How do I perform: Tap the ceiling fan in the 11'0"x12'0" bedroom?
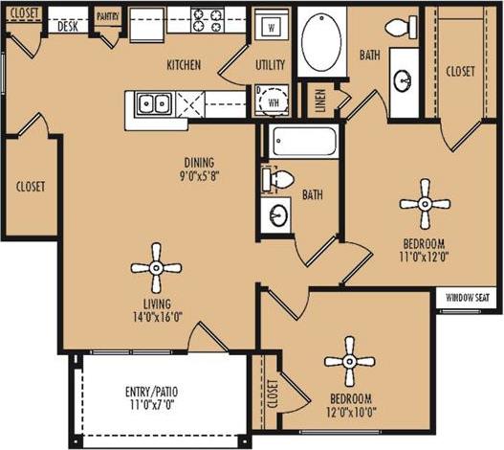click(x=424, y=202)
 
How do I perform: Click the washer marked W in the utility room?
click(x=272, y=27)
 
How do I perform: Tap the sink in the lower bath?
click(x=277, y=216)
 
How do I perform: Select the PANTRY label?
click(x=107, y=16)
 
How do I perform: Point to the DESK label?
click(x=67, y=26)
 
